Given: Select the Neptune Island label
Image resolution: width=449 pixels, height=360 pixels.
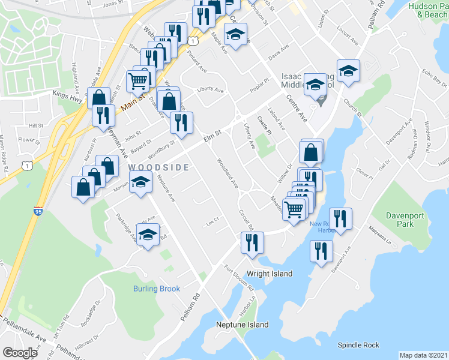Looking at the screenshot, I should [243, 325].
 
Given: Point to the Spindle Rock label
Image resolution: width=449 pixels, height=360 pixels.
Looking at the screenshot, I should [358, 345].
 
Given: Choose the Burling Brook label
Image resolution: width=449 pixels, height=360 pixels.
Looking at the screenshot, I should [157, 289].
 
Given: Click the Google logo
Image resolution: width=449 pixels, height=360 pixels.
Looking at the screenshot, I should [20, 352].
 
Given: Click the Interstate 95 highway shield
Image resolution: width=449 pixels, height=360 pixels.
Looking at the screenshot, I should [38, 211].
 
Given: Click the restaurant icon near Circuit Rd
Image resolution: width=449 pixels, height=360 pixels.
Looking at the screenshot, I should [252, 242].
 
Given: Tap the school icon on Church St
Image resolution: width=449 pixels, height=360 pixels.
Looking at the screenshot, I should [347, 71].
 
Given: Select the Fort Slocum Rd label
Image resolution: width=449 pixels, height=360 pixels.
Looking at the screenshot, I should [239, 277].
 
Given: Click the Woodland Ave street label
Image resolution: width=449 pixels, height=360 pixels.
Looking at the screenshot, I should [228, 170].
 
